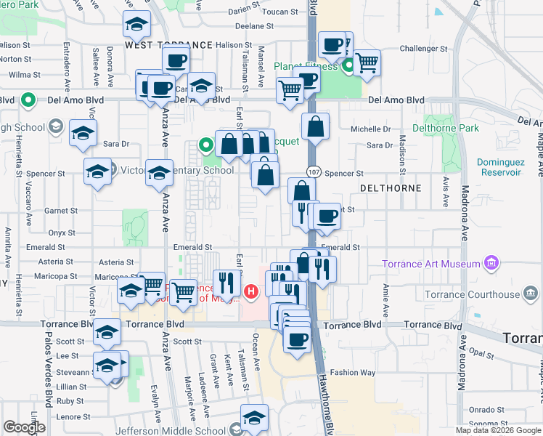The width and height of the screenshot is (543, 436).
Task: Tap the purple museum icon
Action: (x=491, y=262)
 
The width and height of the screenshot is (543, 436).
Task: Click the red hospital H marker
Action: (x=251, y=292)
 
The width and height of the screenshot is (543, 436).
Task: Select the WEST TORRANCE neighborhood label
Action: (x=168, y=45)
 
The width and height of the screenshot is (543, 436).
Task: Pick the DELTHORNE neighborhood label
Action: (x=391, y=188)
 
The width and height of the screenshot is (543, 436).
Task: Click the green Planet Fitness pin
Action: (x=348, y=66)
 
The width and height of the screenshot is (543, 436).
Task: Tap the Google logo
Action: (x=24, y=427)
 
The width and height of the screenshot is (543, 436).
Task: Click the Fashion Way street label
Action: (x=353, y=373)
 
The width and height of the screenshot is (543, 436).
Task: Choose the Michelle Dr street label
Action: (x=370, y=129)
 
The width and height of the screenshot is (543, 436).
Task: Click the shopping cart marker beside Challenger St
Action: (x=367, y=63)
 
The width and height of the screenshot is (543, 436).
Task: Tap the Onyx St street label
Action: (x=62, y=233)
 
